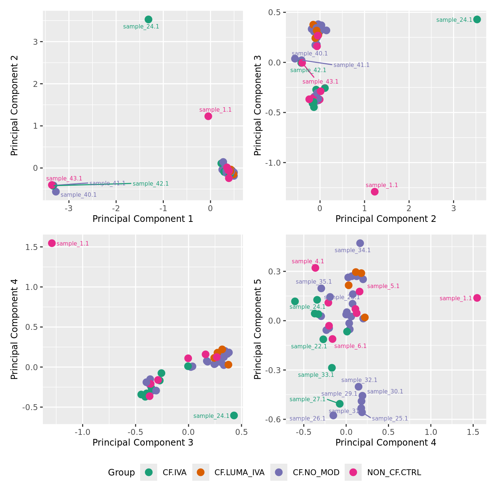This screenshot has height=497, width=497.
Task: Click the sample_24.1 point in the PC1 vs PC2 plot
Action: pyautogui.click(x=148, y=19)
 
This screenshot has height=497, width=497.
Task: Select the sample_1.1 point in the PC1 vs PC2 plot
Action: pyautogui.click(x=208, y=116)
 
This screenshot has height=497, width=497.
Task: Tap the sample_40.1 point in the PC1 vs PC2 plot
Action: pyautogui.click(x=56, y=191)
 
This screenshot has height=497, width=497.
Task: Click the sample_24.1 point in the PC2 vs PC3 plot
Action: pyautogui.click(x=477, y=19)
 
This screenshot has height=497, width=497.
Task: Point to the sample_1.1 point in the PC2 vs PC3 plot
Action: pyautogui.click(x=375, y=192)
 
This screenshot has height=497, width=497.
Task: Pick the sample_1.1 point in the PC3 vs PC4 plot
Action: pyautogui.click(x=52, y=243)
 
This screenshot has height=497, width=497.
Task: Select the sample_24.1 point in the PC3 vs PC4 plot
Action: pyautogui.click(x=234, y=415)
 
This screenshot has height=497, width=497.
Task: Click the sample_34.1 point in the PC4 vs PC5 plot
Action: pyautogui.click(x=360, y=243)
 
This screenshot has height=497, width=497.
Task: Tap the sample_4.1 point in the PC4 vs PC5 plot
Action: pyautogui.click(x=315, y=268)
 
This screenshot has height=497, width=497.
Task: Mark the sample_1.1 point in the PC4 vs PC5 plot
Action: pyautogui.click(x=477, y=298)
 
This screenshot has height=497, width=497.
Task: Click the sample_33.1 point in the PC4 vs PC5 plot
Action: pyautogui.click(x=332, y=368)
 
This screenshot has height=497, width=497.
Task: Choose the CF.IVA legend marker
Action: pyautogui.click(x=149, y=472)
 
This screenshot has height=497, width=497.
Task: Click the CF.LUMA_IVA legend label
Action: pyautogui.click(x=239, y=472)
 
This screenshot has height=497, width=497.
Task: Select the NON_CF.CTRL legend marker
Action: pyautogui.click(x=353, y=472)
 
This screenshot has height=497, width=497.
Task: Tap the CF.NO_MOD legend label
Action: pyautogui.click(x=316, y=472)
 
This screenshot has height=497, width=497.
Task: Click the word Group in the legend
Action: pyautogui.click(x=121, y=472)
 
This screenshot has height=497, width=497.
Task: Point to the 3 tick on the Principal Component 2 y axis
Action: pyautogui.click(x=35, y=42)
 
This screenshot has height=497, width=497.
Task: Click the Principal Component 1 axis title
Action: pyautogui.click(x=143, y=219)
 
